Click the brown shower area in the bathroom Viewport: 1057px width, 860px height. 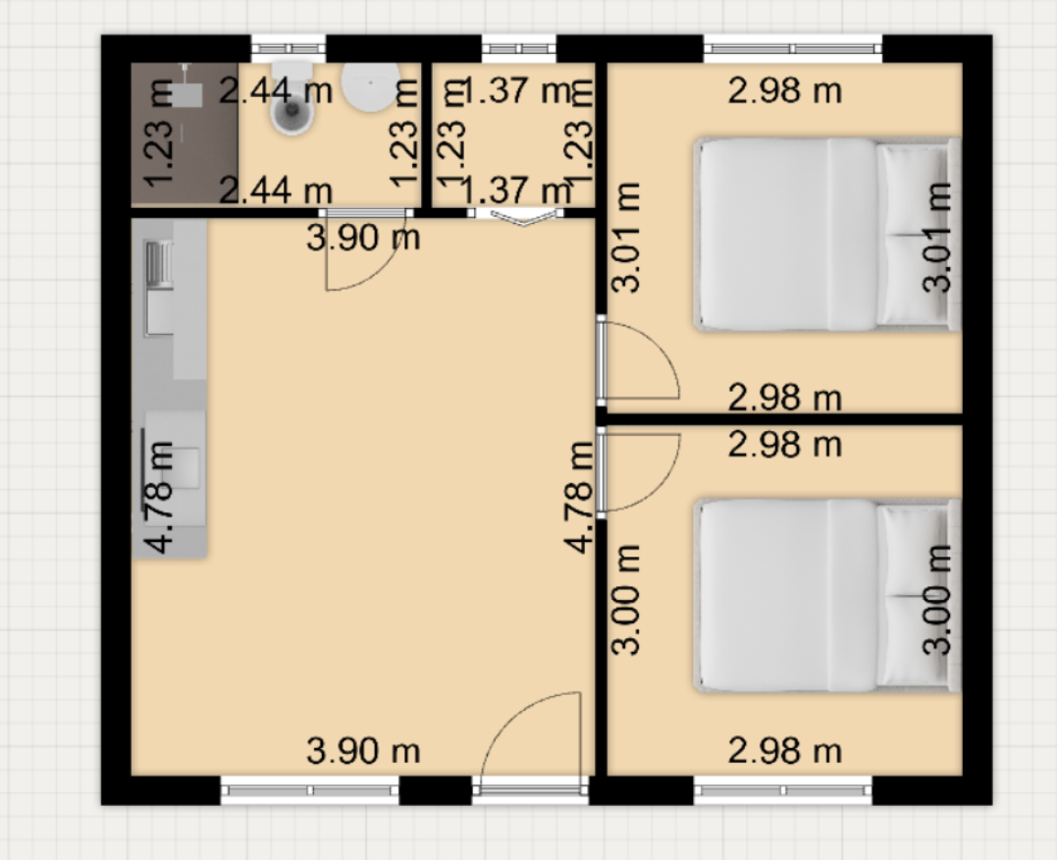point(185,134)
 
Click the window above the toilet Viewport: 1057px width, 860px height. point(289,48)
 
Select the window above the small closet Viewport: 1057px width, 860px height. point(519,48)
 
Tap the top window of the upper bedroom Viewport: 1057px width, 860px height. point(793,48)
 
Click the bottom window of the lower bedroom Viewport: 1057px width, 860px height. point(783,790)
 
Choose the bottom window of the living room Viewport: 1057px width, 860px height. point(310,790)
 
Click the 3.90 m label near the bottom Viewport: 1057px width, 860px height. point(363,751)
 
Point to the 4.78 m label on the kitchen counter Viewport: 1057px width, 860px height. point(160,497)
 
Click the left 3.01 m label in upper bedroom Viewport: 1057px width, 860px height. point(625,237)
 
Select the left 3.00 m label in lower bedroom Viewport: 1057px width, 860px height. point(625,600)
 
